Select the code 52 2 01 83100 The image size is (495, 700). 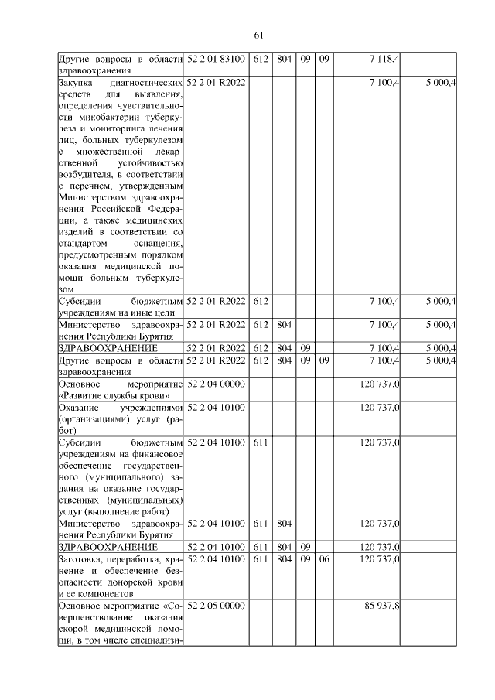click(217, 59)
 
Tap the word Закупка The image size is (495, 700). click(75, 82)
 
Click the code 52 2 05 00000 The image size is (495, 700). click(217, 604)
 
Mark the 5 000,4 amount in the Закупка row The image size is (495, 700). click(439, 82)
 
